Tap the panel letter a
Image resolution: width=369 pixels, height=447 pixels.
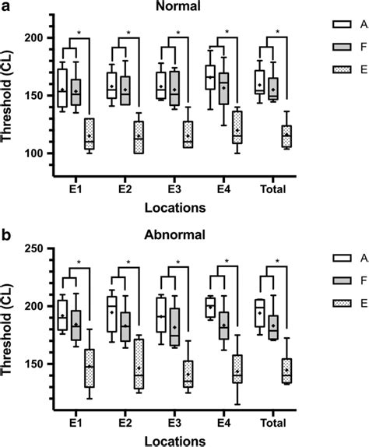pos(5,7)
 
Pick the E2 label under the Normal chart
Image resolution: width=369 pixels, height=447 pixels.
pos(125,189)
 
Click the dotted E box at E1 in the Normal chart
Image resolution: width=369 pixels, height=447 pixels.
pos(90,133)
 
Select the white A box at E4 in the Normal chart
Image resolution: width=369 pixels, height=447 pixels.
pos(210,78)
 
